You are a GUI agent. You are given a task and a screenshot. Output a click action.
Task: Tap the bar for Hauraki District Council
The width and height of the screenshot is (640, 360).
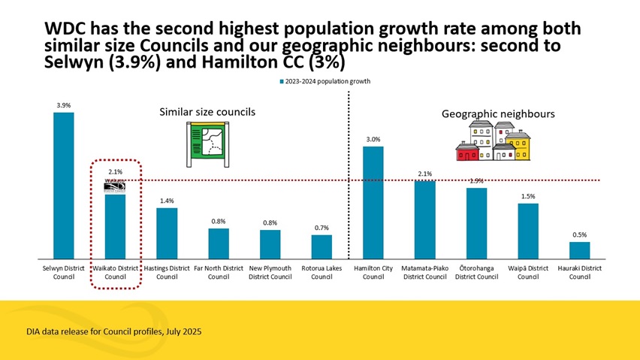(x=579, y=250)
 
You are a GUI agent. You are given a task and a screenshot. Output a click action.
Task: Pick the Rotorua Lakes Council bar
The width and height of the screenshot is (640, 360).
(x=322, y=246)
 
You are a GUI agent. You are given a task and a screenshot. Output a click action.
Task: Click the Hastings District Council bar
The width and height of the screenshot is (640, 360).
(x=167, y=232)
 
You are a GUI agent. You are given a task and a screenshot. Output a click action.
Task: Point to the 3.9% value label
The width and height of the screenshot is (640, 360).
(x=63, y=106)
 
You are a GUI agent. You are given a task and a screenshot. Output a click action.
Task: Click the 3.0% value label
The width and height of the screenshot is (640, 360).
(x=373, y=139)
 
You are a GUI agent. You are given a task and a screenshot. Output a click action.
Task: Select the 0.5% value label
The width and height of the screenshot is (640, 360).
(x=579, y=234)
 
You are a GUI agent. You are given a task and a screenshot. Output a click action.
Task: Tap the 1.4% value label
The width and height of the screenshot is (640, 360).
(x=167, y=201)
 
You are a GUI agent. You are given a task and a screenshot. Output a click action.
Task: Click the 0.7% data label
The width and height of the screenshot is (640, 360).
(x=322, y=228)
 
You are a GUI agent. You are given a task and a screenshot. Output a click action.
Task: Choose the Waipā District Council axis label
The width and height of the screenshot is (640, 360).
(x=528, y=272)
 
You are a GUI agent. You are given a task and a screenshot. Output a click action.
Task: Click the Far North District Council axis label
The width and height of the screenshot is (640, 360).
(x=218, y=272)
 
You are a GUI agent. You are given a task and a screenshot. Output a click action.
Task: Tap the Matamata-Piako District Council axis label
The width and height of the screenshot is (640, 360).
(x=424, y=272)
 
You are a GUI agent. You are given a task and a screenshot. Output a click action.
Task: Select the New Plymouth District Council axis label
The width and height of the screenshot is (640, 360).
(x=270, y=272)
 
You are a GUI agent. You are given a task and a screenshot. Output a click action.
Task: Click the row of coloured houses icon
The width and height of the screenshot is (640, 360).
(x=494, y=142)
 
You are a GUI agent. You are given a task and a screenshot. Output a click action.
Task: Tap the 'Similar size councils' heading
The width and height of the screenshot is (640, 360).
(x=207, y=112)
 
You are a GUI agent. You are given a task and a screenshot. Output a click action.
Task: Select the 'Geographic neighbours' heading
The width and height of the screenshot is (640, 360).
(x=497, y=114)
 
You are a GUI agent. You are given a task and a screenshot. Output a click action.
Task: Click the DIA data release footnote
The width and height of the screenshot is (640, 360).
(x=113, y=331)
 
